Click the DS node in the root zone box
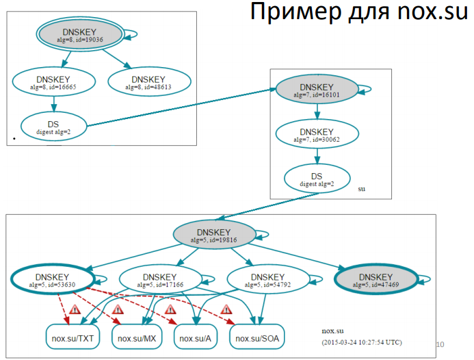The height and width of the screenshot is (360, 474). (53, 127)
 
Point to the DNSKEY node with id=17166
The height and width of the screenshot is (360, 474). (161, 279)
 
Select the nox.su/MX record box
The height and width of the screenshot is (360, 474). (137, 337)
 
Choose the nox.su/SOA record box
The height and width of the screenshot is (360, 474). (257, 337)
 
